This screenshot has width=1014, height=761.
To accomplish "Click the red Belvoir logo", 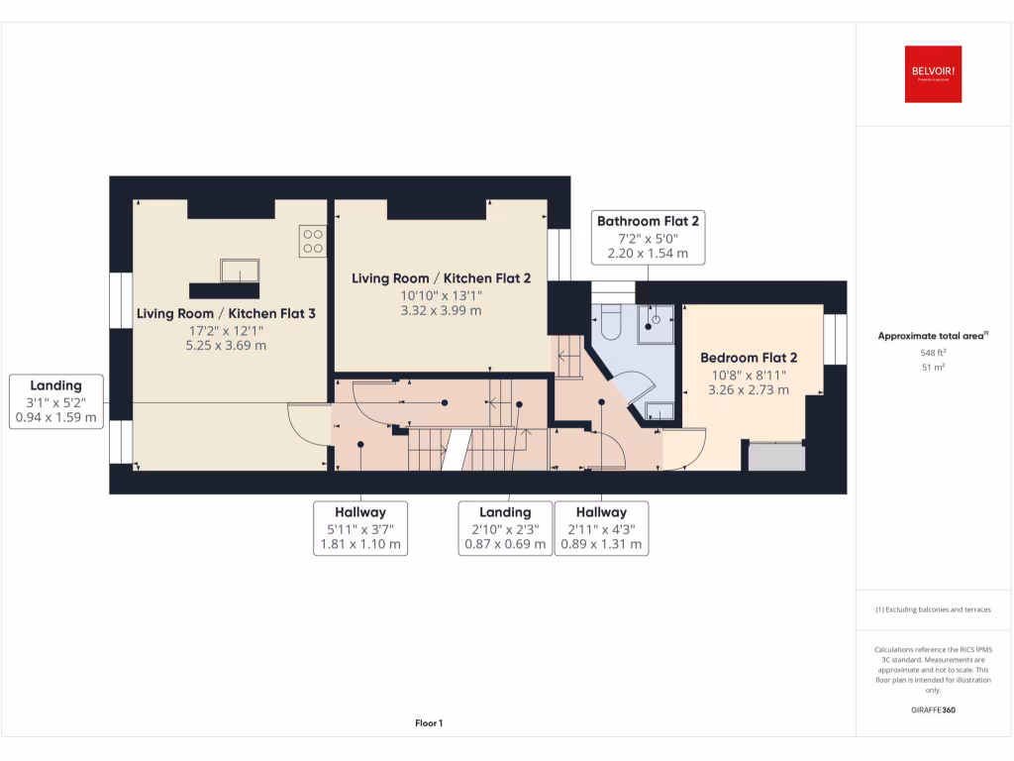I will pos(933,74).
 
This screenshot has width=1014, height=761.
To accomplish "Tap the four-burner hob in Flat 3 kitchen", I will pos(313,240).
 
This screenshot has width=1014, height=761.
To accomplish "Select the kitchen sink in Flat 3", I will pos(240,271).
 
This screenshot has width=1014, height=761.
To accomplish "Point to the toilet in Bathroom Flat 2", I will pos(610,322).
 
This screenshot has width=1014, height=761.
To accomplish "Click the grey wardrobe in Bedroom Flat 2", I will pos(775,457).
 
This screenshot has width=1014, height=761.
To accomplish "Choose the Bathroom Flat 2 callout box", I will pos(648,238).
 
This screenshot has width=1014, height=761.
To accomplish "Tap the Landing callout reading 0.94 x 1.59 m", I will pos(55,401).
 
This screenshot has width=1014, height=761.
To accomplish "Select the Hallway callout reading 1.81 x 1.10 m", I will pos(359,527).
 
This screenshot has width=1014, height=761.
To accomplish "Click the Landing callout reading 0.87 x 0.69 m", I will pos(505,527).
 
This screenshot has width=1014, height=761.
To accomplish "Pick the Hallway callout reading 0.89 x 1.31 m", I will pos(601,527).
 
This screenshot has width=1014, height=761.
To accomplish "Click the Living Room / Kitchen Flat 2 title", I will pos(442,278).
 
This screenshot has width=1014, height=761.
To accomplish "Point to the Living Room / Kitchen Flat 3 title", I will pos(226,314).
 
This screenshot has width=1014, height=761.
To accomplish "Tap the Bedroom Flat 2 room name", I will pos(749,358).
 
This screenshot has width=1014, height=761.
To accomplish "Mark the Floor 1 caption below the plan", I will pos(429,723).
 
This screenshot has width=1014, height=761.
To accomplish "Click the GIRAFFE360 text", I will pos(933,709).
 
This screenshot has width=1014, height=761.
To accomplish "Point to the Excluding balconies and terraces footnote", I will pos(933,609).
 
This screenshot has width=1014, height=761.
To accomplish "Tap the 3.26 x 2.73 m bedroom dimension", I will pos(749,390).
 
